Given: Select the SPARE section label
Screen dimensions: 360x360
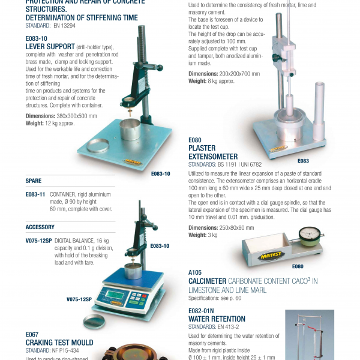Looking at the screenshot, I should (34, 180).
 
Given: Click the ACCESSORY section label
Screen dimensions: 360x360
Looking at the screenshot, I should (40, 227).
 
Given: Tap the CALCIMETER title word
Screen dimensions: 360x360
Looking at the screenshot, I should (207, 281).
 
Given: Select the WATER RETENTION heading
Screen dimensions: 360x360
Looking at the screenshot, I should (217, 319).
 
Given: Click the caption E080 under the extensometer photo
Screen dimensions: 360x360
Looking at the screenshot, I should (298, 266).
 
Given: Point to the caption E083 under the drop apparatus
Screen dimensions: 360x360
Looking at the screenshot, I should (303, 161).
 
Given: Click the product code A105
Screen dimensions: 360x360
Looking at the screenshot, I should (195, 272).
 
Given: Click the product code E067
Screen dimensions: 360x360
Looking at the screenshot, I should (32, 334).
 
